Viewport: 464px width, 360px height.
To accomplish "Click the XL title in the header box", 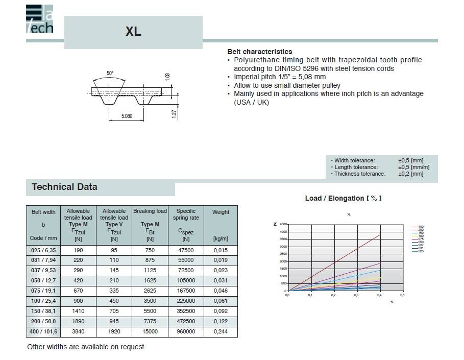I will point(133,32).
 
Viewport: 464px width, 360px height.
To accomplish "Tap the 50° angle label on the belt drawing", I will point(110,74).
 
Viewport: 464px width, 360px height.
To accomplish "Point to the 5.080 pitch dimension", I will point(127,116).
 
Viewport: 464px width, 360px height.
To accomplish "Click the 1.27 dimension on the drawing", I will point(174,113).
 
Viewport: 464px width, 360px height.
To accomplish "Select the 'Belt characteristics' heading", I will point(259,52).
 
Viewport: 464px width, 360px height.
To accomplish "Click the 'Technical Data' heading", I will point(64,187).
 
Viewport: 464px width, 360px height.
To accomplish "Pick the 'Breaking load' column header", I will point(150,211).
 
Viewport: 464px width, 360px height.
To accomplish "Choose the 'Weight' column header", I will point(221,212).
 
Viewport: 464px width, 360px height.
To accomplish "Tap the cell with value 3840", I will point(78,331).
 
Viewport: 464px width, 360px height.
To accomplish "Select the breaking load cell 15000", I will point(150,331).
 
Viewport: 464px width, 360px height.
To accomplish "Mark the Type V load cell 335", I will point(114,291).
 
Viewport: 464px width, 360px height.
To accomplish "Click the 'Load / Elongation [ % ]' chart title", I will point(343,198).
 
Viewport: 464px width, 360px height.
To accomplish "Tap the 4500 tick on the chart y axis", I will point(283,224).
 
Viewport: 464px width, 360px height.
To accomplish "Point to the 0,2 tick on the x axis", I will point(333,295).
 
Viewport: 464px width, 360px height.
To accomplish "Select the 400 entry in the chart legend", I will point(421,226).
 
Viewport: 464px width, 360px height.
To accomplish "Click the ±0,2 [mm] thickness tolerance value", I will point(410,174).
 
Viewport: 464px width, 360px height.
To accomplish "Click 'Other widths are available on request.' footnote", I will point(86,347).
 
